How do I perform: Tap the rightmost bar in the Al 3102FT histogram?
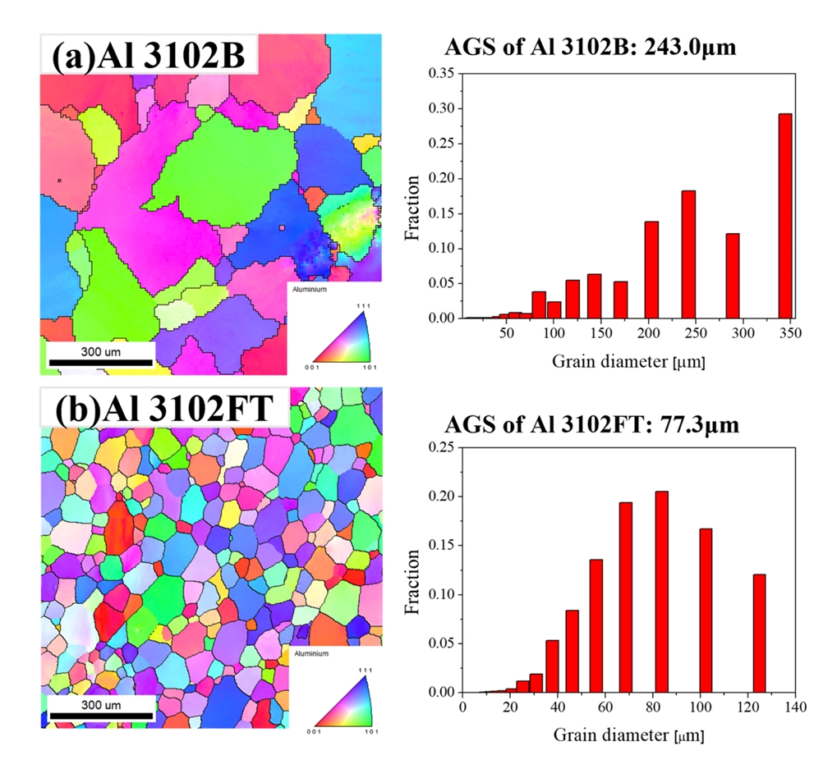pyautogui.click(x=759, y=633)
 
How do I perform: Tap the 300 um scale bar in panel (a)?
pyautogui.click(x=99, y=362)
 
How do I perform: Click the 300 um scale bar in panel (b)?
pyautogui.click(x=101, y=715)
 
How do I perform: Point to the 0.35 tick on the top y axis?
pyautogui.click(x=441, y=73)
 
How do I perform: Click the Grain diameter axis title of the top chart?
pyautogui.click(x=628, y=360)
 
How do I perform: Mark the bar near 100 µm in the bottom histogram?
pyautogui.click(x=706, y=611)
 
